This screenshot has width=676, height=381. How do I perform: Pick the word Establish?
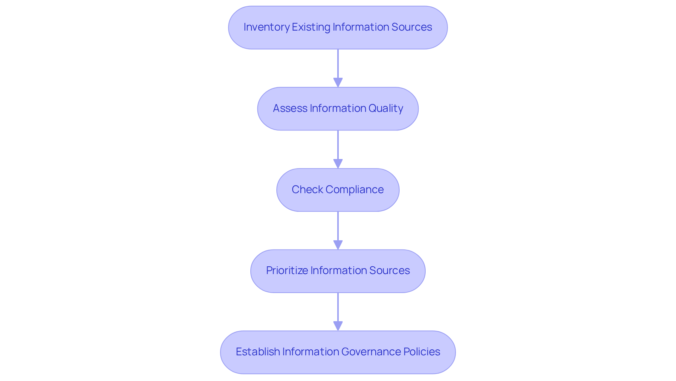click(x=257, y=352)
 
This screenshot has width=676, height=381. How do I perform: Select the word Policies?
click(x=422, y=352)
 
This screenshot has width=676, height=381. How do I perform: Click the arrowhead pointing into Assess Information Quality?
click(x=338, y=83)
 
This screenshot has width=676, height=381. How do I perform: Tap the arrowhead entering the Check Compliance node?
click(x=338, y=164)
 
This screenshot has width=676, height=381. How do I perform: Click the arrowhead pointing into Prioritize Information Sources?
click(x=338, y=245)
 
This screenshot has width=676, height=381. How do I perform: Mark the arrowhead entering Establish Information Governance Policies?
click(x=338, y=326)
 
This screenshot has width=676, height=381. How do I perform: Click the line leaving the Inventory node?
click(x=338, y=63)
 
